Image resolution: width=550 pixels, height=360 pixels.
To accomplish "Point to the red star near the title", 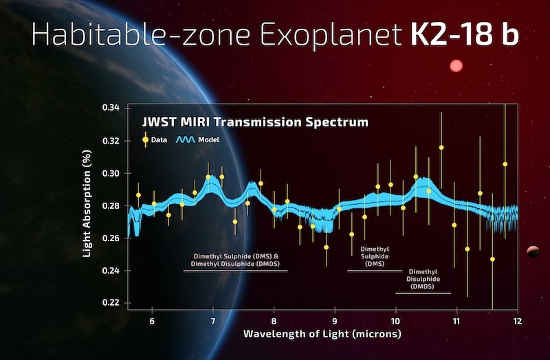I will click(x=455, y=67).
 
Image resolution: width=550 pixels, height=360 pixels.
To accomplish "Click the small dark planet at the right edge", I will click(x=533, y=252).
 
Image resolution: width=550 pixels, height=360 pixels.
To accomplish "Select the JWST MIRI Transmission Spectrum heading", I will click(x=255, y=122).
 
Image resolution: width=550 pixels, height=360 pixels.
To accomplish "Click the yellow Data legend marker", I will click(x=145, y=139).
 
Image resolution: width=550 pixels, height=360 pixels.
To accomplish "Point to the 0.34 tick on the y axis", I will click(x=111, y=109).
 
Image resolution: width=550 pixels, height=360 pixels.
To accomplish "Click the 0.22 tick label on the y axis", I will click(x=111, y=303).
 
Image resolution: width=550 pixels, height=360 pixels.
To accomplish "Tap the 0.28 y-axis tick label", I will click(x=111, y=206).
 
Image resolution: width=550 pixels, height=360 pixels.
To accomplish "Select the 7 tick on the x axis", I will click(x=213, y=321).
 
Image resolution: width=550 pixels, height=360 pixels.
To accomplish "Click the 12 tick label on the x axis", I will click(x=516, y=321).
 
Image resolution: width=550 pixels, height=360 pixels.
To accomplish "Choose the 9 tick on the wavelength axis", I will click(x=335, y=321).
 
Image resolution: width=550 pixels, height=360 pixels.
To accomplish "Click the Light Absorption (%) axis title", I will click(x=87, y=205).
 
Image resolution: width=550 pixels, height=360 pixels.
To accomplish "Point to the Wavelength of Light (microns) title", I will click(x=322, y=335).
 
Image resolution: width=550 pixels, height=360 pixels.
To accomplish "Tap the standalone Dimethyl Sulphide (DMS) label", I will click(x=375, y=256).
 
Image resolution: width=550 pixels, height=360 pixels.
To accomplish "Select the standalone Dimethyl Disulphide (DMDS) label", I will click(x=423, y=280).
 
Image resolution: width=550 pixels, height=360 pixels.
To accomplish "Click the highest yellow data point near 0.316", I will click(x=441, y=148).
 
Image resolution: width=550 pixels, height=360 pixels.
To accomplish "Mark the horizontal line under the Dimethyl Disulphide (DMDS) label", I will click(x=423, y=293).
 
